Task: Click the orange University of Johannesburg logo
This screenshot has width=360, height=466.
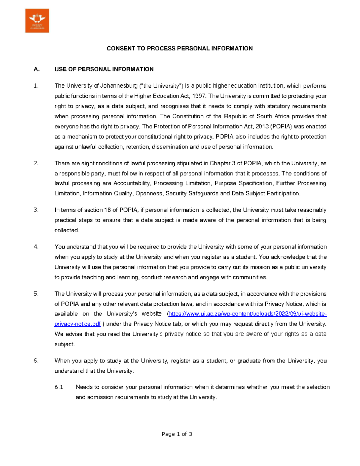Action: [37, 20]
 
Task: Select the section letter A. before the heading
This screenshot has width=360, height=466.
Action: [37, 69]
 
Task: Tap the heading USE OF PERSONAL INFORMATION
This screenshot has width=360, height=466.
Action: [104, 69]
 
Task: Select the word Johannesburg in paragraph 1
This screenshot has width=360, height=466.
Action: [118, 86]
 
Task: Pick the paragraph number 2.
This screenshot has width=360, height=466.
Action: [36, 164]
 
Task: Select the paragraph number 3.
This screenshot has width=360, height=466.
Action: [36, 210]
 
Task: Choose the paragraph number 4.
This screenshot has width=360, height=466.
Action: [36, 247]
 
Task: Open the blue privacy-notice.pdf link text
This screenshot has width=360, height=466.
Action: [77, 324]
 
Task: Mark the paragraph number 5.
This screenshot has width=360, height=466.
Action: [36, 294]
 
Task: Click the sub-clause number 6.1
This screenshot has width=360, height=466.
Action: [59, 387]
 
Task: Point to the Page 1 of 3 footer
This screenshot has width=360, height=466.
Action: [177, 434]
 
